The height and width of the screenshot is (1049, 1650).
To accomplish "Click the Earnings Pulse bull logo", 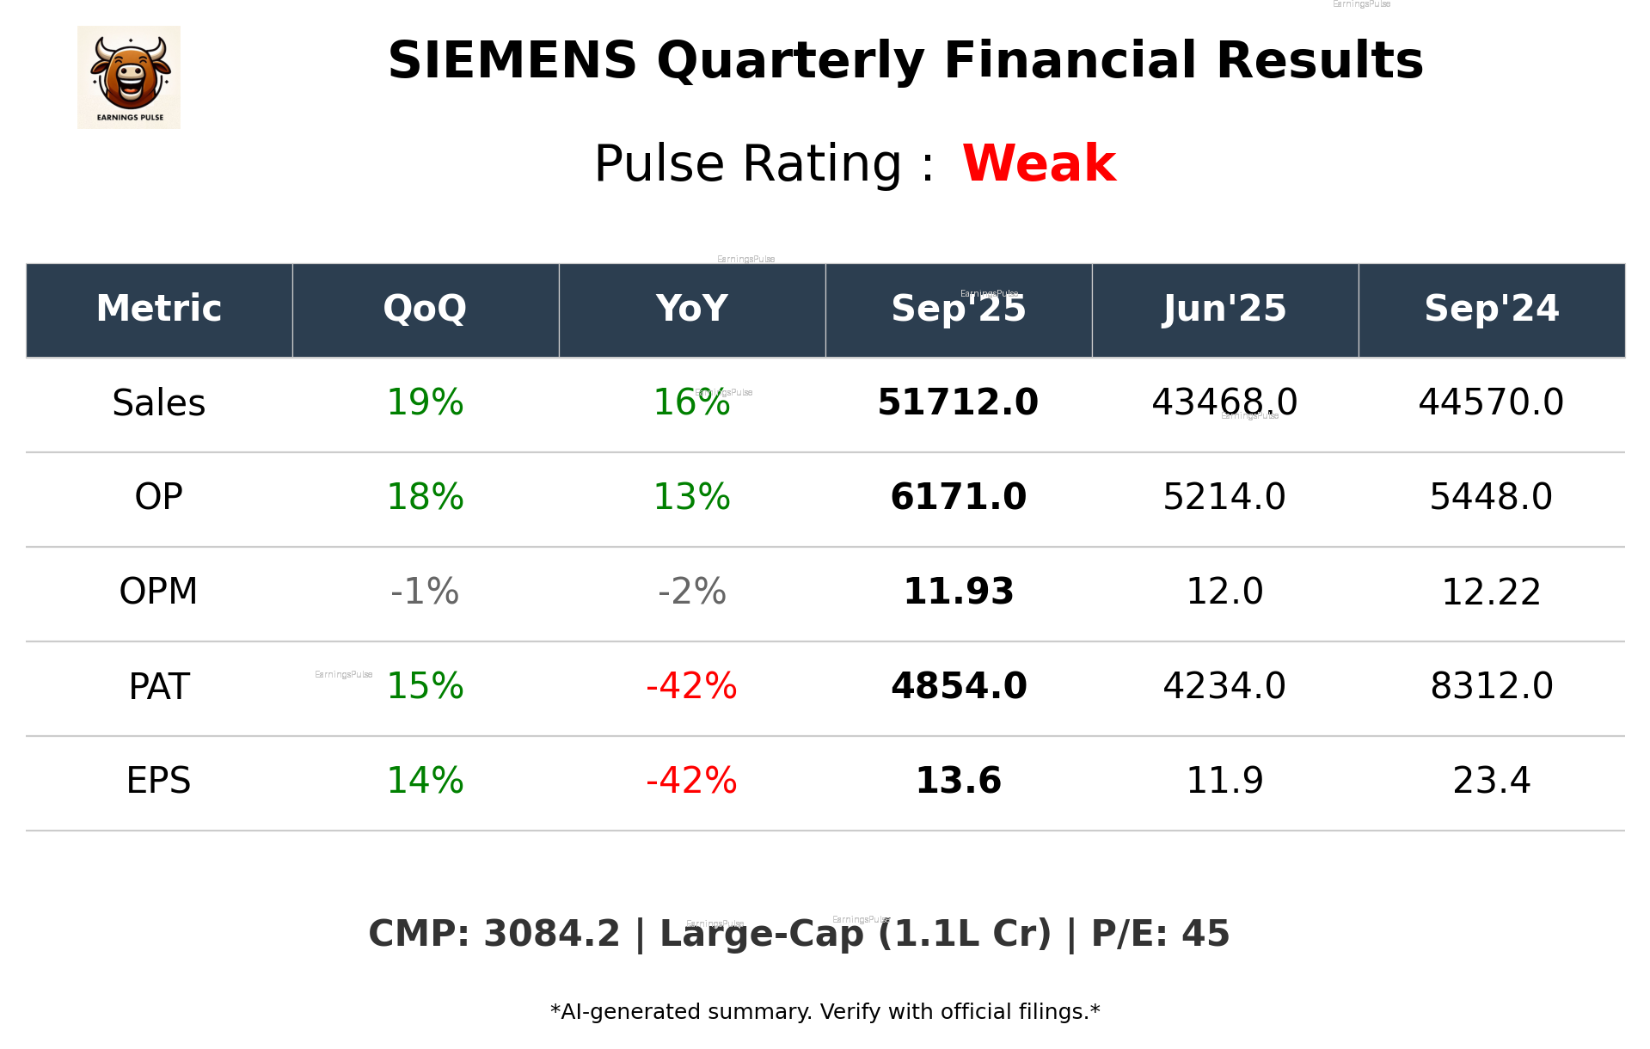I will [x=129, y=77].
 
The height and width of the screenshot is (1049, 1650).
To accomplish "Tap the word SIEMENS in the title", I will [x=512, y=61].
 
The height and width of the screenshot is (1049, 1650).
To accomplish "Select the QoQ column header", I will [x=425, y=309].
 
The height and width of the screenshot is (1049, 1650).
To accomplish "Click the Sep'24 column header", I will [x=1491, y=309].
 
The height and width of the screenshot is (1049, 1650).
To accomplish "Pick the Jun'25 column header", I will [x=1224, y=309].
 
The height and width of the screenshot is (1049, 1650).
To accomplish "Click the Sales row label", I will [x=159, y=403].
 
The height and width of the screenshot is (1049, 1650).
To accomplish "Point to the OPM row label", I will [x=159, y=592].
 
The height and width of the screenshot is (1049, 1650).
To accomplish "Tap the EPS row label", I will [x=159, y=781].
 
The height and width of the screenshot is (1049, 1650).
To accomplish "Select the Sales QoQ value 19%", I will [x=425, y=403].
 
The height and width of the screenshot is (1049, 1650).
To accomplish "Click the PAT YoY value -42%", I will [x=691, y=686].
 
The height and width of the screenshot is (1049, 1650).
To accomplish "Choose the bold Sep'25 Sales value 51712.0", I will [x=958, y=403].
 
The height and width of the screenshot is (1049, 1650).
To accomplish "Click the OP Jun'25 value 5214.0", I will [x=1224, y=497].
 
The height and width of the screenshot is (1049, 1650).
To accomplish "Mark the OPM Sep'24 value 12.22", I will [x=1491, y=592].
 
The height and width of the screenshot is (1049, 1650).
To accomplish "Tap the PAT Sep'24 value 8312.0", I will [x=1491, y=686].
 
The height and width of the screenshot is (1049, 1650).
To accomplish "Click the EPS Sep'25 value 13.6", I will [x=958, y=781].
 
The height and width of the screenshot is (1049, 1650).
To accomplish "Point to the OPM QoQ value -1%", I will [x=425, y=592].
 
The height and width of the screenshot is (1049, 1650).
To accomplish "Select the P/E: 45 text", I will [x=1160, y=935].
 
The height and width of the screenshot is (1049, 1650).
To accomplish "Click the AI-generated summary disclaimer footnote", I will [x=825, y=1012].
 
